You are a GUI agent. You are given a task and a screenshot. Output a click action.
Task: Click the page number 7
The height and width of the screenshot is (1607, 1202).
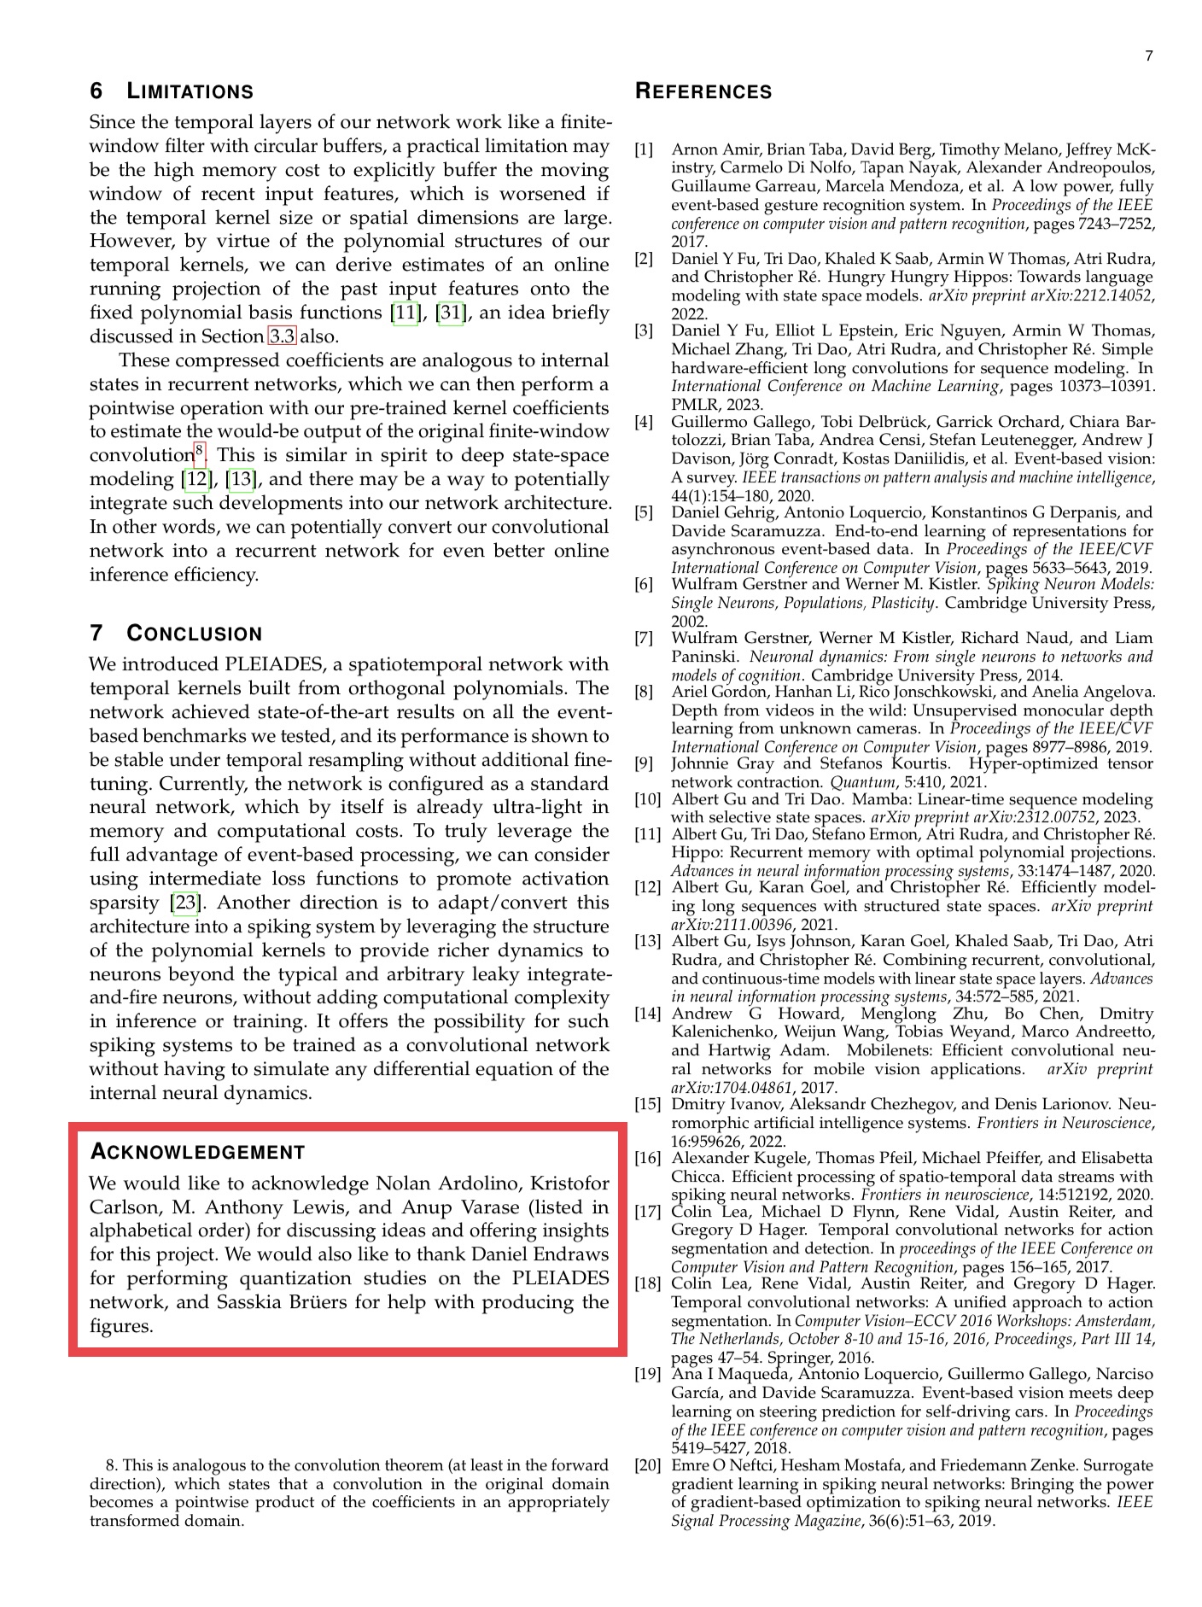click(1149, 56)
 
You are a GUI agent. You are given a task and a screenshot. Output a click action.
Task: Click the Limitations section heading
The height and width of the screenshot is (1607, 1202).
click(172, 91)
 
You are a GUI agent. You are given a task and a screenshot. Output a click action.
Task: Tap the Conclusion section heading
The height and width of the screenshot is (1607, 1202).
click(176, 634)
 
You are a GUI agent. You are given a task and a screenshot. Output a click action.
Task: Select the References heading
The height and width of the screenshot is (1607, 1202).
click(703, 92)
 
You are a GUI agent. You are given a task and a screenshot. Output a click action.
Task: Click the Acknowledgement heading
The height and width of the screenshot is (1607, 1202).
click(197, 1152)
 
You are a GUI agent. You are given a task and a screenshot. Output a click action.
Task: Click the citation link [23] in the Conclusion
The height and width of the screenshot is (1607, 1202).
click(186, 903)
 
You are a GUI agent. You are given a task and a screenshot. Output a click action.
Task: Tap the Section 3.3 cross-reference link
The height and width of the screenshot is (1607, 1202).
click(283, 336)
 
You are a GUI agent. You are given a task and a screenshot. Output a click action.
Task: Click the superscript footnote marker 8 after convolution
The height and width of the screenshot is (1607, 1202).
click(199, 450)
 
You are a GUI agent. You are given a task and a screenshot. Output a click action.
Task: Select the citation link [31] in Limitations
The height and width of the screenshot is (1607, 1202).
click(450, 313)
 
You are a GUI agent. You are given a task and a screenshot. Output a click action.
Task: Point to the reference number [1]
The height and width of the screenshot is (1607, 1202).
click(644, 150)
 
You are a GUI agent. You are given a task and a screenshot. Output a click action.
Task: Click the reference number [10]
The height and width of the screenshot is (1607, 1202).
click(648, 799)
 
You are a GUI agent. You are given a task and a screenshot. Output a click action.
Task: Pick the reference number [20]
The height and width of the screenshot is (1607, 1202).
click(648, 1465)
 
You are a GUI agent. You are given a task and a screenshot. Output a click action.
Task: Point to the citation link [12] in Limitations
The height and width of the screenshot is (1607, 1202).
click(197, 479)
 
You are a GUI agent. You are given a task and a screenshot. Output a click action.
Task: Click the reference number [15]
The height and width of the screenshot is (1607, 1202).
click(648, 1104)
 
